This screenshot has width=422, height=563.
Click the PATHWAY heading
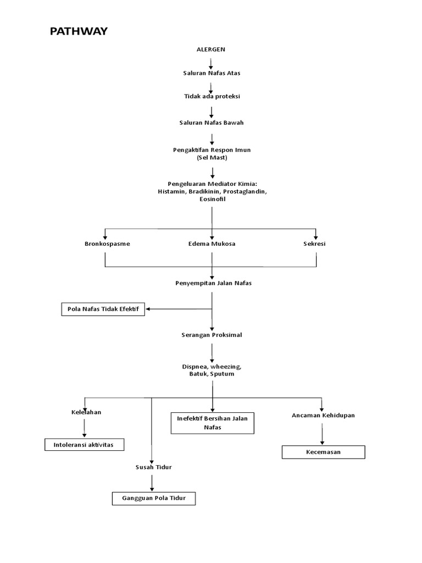point(79,31)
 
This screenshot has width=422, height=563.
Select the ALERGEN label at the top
point(211,49)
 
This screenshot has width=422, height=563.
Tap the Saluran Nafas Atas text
point(212,73)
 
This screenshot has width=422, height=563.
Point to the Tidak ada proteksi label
point(212,96)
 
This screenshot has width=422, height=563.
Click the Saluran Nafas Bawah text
point(212,123)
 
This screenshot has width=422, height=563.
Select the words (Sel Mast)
point(212,157)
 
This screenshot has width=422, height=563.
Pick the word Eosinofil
point(212,199)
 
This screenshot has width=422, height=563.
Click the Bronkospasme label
point(107,244)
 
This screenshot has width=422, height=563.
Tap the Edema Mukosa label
point(212,244)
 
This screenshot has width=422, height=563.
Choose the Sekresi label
point(314,244)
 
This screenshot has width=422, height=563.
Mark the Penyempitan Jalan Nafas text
point(212,283)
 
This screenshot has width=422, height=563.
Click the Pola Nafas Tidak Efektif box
point(103,309)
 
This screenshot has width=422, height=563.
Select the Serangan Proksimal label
point(212,335)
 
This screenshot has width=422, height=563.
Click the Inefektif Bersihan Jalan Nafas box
point(212,423)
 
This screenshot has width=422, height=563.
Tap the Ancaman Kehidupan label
point(323,415)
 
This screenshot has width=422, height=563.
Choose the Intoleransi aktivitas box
point(84,444)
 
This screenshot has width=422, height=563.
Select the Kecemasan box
point(323,452)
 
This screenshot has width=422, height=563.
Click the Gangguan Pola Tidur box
point(153,498)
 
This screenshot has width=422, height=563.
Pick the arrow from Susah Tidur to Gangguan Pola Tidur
point(152,482)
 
